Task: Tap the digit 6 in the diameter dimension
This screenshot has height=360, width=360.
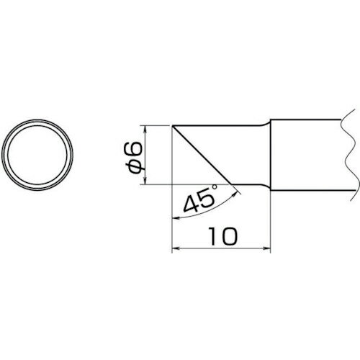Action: tap(135, 149)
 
